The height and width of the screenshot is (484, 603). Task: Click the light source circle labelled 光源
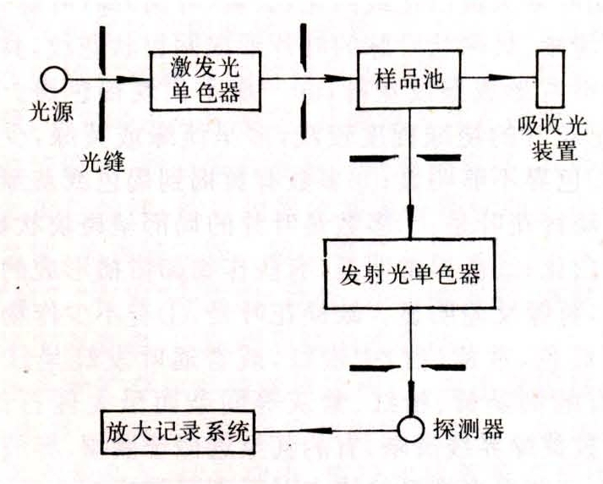[56, 80]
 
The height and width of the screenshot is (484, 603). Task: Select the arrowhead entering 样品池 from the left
[347, 80]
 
